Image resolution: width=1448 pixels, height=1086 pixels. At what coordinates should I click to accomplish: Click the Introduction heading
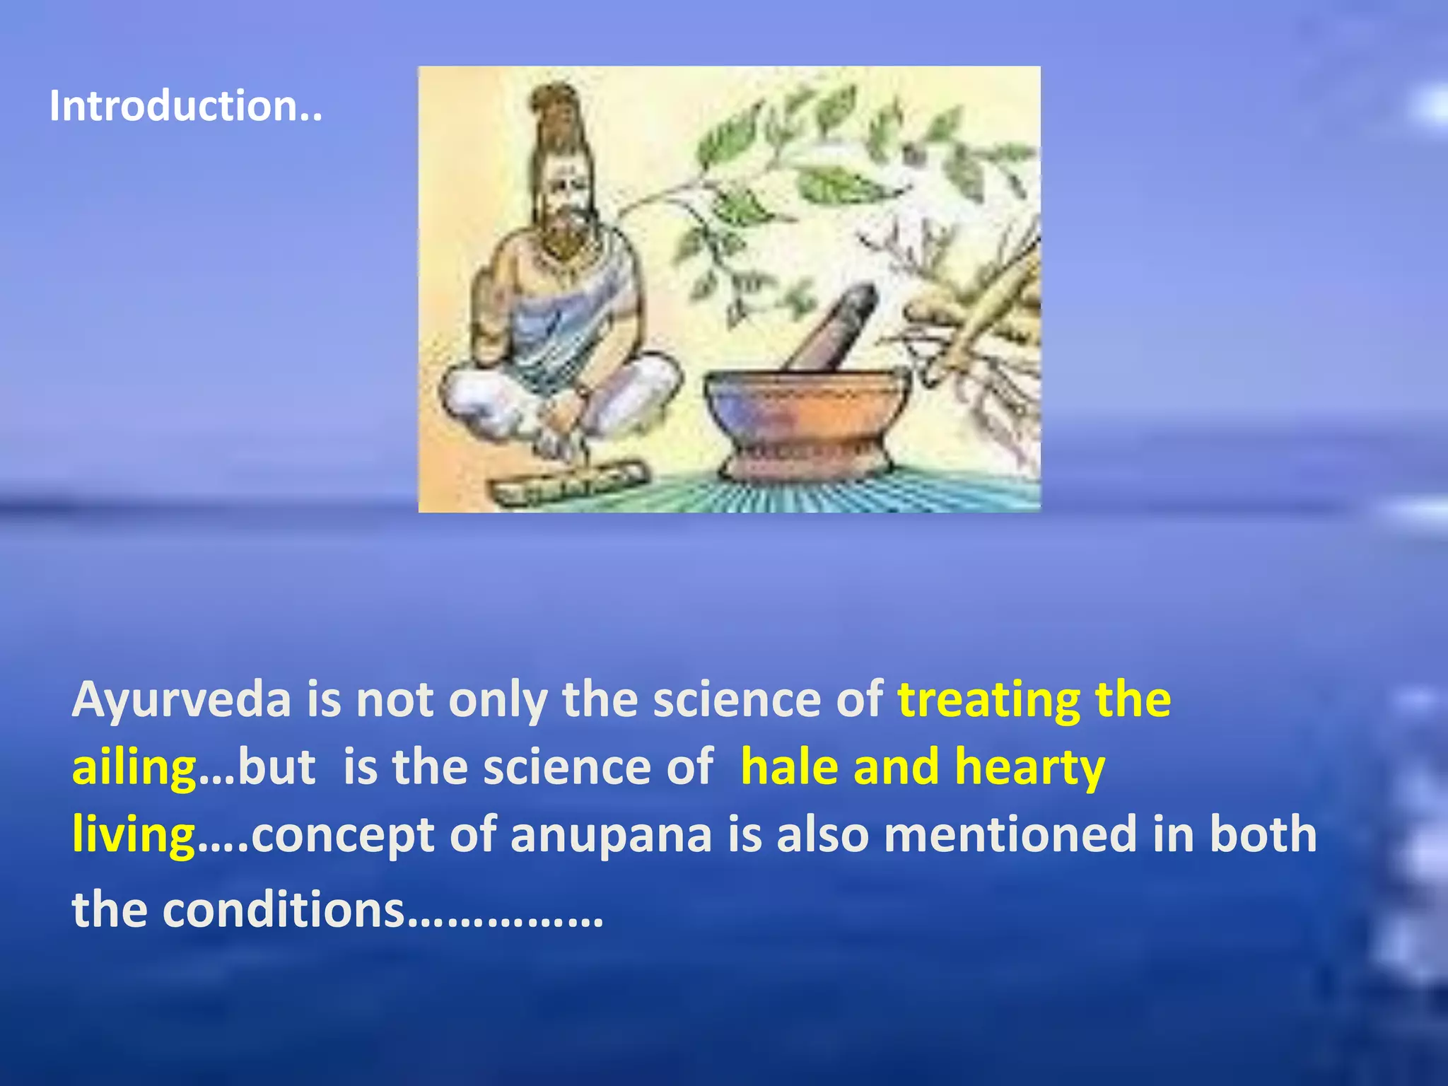click(x=185, y=106)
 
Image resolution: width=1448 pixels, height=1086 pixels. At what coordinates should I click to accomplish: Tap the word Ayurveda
click(x=181, y=700)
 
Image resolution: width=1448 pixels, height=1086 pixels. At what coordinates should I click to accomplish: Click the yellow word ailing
click(x=134, y=767)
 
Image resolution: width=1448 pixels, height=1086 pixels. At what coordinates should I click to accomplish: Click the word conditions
click(x=284, y=910)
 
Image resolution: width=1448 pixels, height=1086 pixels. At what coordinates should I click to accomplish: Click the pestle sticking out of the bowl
click(x=834, y=325)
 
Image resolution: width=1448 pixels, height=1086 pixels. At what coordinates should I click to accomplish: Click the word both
click(x=1263, y=834)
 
